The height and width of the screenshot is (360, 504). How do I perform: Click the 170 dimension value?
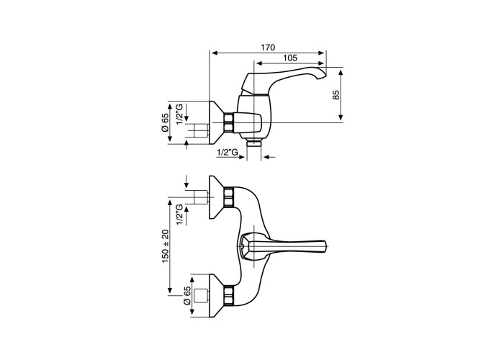coord(268,48)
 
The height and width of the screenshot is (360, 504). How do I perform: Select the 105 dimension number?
coord(290,58)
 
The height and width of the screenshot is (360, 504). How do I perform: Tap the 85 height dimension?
coord(336,94)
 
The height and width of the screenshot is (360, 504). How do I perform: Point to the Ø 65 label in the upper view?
coord(165,122)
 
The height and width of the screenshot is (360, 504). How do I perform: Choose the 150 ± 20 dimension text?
coord(165,247)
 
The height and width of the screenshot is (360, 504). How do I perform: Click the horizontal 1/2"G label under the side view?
coord(228,153)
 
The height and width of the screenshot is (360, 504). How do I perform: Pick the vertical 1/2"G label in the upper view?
coord(180,114)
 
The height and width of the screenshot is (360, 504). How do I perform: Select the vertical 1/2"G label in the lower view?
coord(180,215)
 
